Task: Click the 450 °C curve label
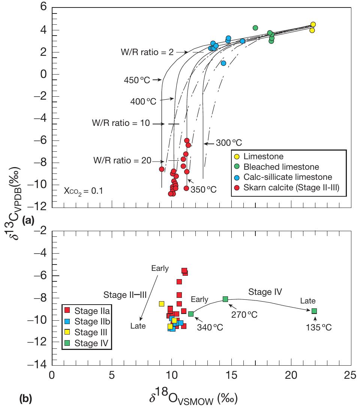pyautogui.click(x=137, y=80)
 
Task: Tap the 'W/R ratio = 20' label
pyautogui.click(x=122, y=160)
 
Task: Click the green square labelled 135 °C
pyautogui.click(x=314, y=311)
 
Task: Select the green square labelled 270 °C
pyautogui.click(x=225, y=299)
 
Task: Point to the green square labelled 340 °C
pyautogui.click(x=191, y=314)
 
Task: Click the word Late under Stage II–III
pyautogui.click(x=138, y=326)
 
